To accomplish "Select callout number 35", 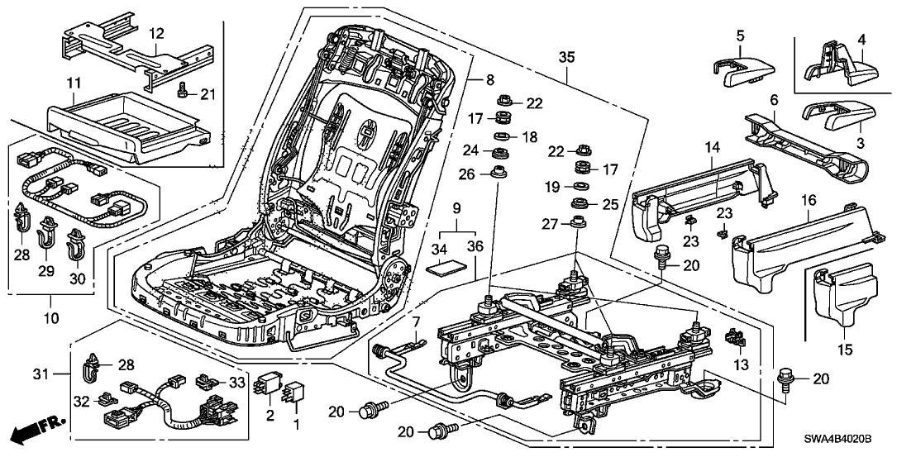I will pyautogui.click(x=566, y=58).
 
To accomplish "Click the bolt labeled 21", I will pyautogui.click(x=185, y=94).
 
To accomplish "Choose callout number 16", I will pyautogui.click(x=807, y=200).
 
